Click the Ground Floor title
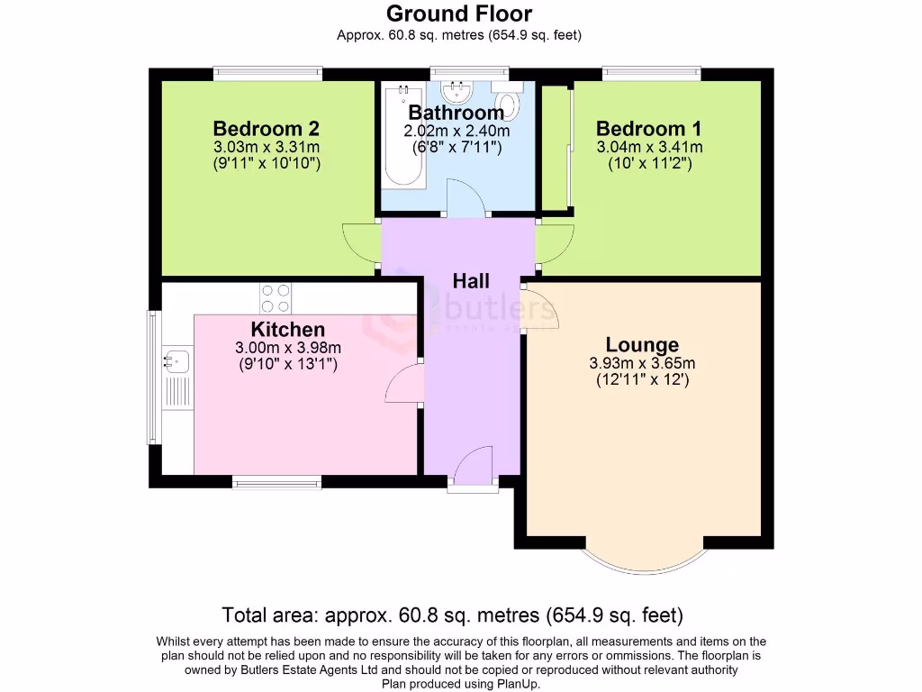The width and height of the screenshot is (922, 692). pyautogui.click(x=459, y=14)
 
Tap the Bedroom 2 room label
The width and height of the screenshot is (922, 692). pyautogui.click(x=266, y=129)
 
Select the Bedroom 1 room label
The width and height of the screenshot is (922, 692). pyautogui.click(x=649, y=129)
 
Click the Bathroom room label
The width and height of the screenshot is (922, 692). pyautogui.click(x=456, y=113)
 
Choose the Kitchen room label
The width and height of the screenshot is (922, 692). pyautogui.click(x=287, y=329)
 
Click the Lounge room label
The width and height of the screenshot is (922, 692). pyautogui.click(x=642, y=345)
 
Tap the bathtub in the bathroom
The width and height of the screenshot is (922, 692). pyautogui.click(x=402, y=135)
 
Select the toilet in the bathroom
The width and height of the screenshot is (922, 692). pyautogui.click(x=509, y=105)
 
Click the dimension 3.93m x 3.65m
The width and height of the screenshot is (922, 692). pyautogui.click(x=642, y=364)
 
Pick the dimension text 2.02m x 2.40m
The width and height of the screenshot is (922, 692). pyautogui.click(x=456, y=131)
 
